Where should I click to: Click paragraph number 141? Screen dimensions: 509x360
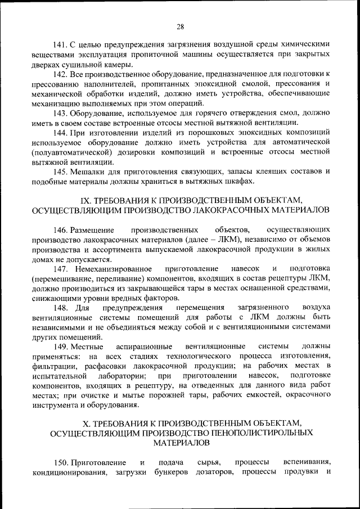tap(60, 44)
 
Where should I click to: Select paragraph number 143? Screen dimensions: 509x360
tap(60, 112)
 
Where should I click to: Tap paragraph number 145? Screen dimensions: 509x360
tap(60, 171)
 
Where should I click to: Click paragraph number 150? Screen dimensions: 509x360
tap(60, 462)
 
